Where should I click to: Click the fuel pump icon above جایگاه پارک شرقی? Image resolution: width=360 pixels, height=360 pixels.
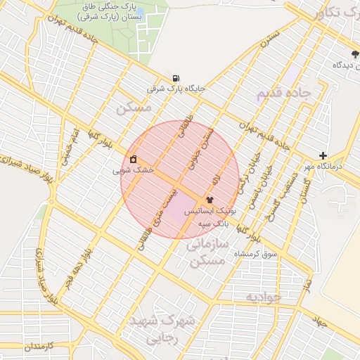click(175, 78)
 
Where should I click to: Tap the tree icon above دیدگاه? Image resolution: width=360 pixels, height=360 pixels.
click(355, 53)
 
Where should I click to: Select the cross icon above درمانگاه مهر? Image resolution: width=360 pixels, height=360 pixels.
click(323, 155)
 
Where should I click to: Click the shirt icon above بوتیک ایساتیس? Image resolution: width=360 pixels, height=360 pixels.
click(210, 200)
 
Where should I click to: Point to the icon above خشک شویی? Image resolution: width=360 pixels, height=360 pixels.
click(133, 159)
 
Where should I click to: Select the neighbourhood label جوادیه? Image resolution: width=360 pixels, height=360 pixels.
click(264, 297)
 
